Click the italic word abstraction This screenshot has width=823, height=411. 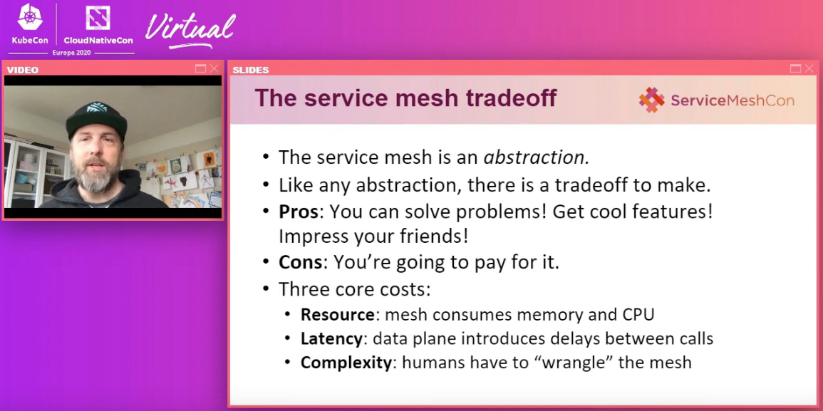click(x=536, y=157)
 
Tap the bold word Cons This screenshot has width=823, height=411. click(x=300, y=262)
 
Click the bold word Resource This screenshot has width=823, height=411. click(x=338, y=315)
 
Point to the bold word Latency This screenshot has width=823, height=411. click(x=332, y=339)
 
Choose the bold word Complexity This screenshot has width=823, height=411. click(x=346, y=363)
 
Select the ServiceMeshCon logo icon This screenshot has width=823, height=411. click(x=651, y=100)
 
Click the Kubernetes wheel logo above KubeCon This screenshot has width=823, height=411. click(x=30, y=17)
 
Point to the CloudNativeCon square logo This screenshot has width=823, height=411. click(x=98, y=18)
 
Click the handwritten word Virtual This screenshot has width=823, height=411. click(x=190, y=29)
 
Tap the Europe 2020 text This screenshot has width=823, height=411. click(x=71, y=53)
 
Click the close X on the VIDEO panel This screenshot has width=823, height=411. click(x=214, y=69)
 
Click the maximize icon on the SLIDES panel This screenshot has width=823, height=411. click(x=795, y=69)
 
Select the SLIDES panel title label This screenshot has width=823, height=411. click(x=250, y=70)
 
